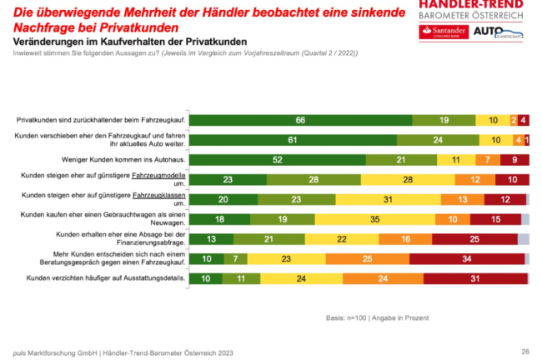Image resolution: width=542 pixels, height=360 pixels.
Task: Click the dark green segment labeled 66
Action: click(299, 120)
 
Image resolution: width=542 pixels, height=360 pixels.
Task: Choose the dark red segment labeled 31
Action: click(476, 279)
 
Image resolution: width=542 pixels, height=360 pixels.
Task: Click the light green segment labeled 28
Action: click(314, 179)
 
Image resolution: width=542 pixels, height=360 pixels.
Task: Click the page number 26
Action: click(524, 351)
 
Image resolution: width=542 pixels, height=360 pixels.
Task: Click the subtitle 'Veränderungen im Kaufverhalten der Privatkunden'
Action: click(118, 40)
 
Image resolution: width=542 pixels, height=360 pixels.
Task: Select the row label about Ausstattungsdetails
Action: click(120, 279)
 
